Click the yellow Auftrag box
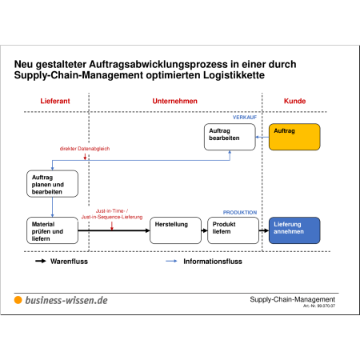coord(294,137)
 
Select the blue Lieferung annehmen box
coord(294,230)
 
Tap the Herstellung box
coord(175,230)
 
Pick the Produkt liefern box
coord(233,230)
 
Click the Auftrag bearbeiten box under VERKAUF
coord(230,137)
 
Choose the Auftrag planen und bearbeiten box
coord(52,184)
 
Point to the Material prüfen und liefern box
coord(52,230)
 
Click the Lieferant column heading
coord(55,101)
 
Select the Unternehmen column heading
coord(175,101)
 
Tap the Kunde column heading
coord(294,101)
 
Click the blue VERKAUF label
coord(245,118)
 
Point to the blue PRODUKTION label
coord(240,213)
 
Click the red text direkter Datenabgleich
coord(85,149)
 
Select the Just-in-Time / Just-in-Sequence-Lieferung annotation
coord(112,214)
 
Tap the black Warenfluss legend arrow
coord(41,261)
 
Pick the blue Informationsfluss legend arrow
coord(171,261)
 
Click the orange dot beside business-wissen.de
coord(18,300)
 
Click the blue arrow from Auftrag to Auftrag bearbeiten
coord(262,137)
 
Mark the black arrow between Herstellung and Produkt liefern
coord(204,230)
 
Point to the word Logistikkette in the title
coord(234,75)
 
